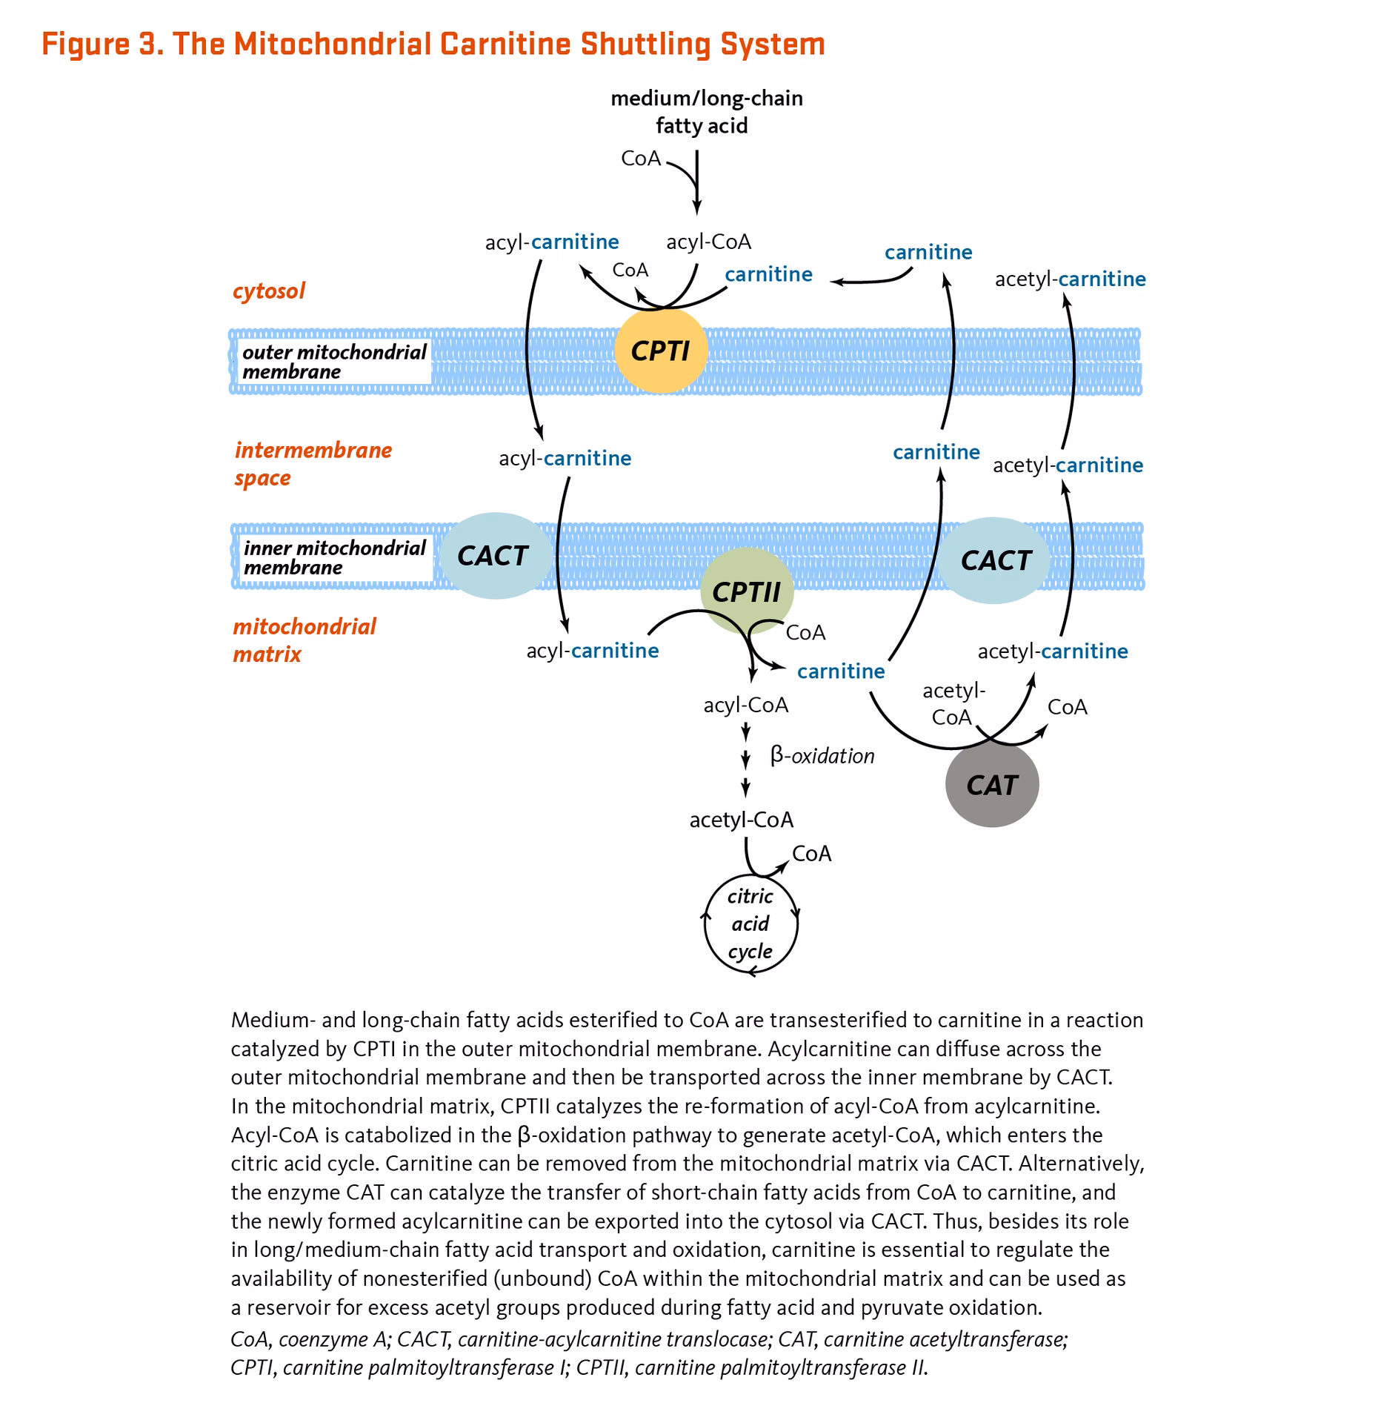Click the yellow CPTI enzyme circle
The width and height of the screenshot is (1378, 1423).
tap(661, 350)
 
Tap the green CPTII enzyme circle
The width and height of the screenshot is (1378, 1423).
tap(746, 591)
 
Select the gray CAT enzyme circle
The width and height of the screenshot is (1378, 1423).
tap(992, 785)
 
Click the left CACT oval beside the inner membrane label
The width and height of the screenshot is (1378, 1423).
tap(493, 556)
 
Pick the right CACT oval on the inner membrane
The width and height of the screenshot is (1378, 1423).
tap(995, 560)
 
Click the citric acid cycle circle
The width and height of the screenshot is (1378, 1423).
tap(750, 924)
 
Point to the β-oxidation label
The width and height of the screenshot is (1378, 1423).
tap(822, 756)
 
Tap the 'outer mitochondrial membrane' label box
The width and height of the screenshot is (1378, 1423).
tap(334, 362)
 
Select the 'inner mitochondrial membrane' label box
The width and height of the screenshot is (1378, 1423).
tap(334, 557)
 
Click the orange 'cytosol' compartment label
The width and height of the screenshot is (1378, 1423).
tap(269, 291)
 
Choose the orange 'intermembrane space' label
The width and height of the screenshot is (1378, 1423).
tap(312, 463)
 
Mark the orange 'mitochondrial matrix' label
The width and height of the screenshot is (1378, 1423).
tap(304, 640)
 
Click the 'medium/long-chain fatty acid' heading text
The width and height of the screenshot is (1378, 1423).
tap(705, 112)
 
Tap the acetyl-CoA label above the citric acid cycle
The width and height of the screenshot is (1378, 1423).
tap(741, 820)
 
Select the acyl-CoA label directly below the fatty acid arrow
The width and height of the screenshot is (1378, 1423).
tap(708, 242)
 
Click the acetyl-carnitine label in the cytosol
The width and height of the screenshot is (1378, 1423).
tap(1070, 279)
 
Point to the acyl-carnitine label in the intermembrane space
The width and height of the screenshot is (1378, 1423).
tap(565, 459)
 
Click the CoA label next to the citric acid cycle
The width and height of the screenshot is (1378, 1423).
tap(811, 854)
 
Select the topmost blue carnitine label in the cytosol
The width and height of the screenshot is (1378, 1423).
tap(928, 253)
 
